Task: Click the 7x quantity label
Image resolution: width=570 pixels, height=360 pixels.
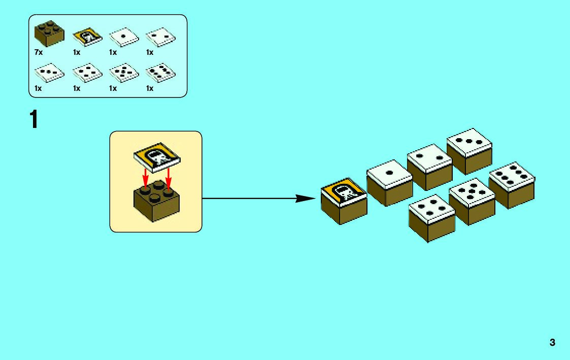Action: (39, 52)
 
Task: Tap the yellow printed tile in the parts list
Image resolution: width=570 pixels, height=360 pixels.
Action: (87, 37)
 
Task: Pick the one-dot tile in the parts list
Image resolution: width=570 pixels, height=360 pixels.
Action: (124, 37)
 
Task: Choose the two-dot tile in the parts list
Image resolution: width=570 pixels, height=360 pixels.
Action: (160, 37)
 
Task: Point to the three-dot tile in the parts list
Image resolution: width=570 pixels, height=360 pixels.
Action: (49, 73)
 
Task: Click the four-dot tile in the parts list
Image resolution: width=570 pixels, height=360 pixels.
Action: (87, 73)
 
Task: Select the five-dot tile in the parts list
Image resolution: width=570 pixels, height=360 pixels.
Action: (124, 73)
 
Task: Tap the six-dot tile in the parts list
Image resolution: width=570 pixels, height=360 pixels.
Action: (160, 73)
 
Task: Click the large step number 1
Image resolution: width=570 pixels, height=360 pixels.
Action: (34, 120)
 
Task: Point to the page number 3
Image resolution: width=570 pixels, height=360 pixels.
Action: (552, 342)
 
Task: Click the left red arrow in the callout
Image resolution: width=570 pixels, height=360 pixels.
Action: (146, 177)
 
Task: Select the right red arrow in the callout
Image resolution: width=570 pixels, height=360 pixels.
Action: (167, 177)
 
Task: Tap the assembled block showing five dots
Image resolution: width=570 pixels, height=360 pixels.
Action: (472, 200)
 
